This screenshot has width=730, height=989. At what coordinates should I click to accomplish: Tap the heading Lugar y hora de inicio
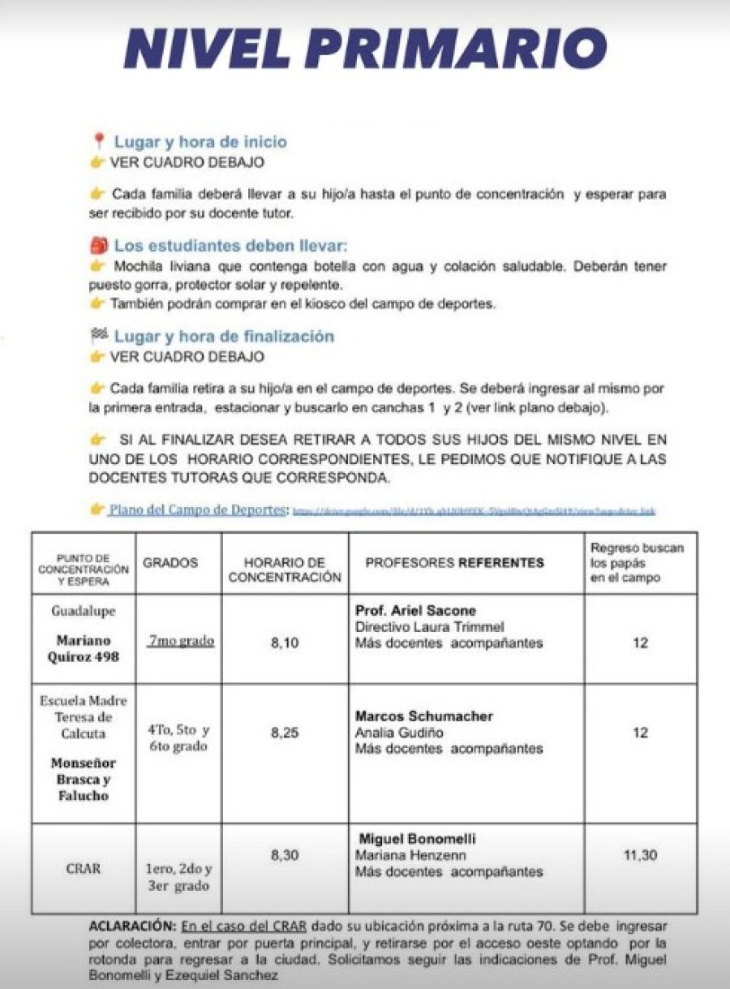tap(200, 142)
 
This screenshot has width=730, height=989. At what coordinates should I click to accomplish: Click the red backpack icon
tap(99, 246)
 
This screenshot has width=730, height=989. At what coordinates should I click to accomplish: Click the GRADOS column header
tap(170, 562)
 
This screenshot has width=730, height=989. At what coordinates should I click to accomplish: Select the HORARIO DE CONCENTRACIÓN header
tap(285, 570)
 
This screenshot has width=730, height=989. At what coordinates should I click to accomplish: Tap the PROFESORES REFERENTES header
tap(455, 562)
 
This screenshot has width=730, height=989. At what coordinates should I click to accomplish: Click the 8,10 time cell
tap(285, 643)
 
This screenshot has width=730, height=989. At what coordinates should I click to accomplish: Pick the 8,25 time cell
tap(285, 732)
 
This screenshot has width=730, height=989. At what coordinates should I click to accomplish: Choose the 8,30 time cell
tap(285, 855)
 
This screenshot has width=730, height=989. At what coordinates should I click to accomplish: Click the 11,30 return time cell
tap(640, 855)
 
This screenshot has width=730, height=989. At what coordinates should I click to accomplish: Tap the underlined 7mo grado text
tap(181, 641)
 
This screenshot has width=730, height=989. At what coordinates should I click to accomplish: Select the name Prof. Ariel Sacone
tap(416, 610)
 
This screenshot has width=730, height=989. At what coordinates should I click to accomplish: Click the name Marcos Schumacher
tap(424, 716)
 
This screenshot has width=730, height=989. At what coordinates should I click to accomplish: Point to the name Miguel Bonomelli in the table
tap(418, 838)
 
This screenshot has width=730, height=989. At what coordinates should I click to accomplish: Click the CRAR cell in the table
tap(84, 868)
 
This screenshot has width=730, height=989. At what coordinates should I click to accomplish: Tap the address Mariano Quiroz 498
tap(84, 648)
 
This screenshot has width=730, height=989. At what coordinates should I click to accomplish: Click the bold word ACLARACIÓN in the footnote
tap(133, 925)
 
